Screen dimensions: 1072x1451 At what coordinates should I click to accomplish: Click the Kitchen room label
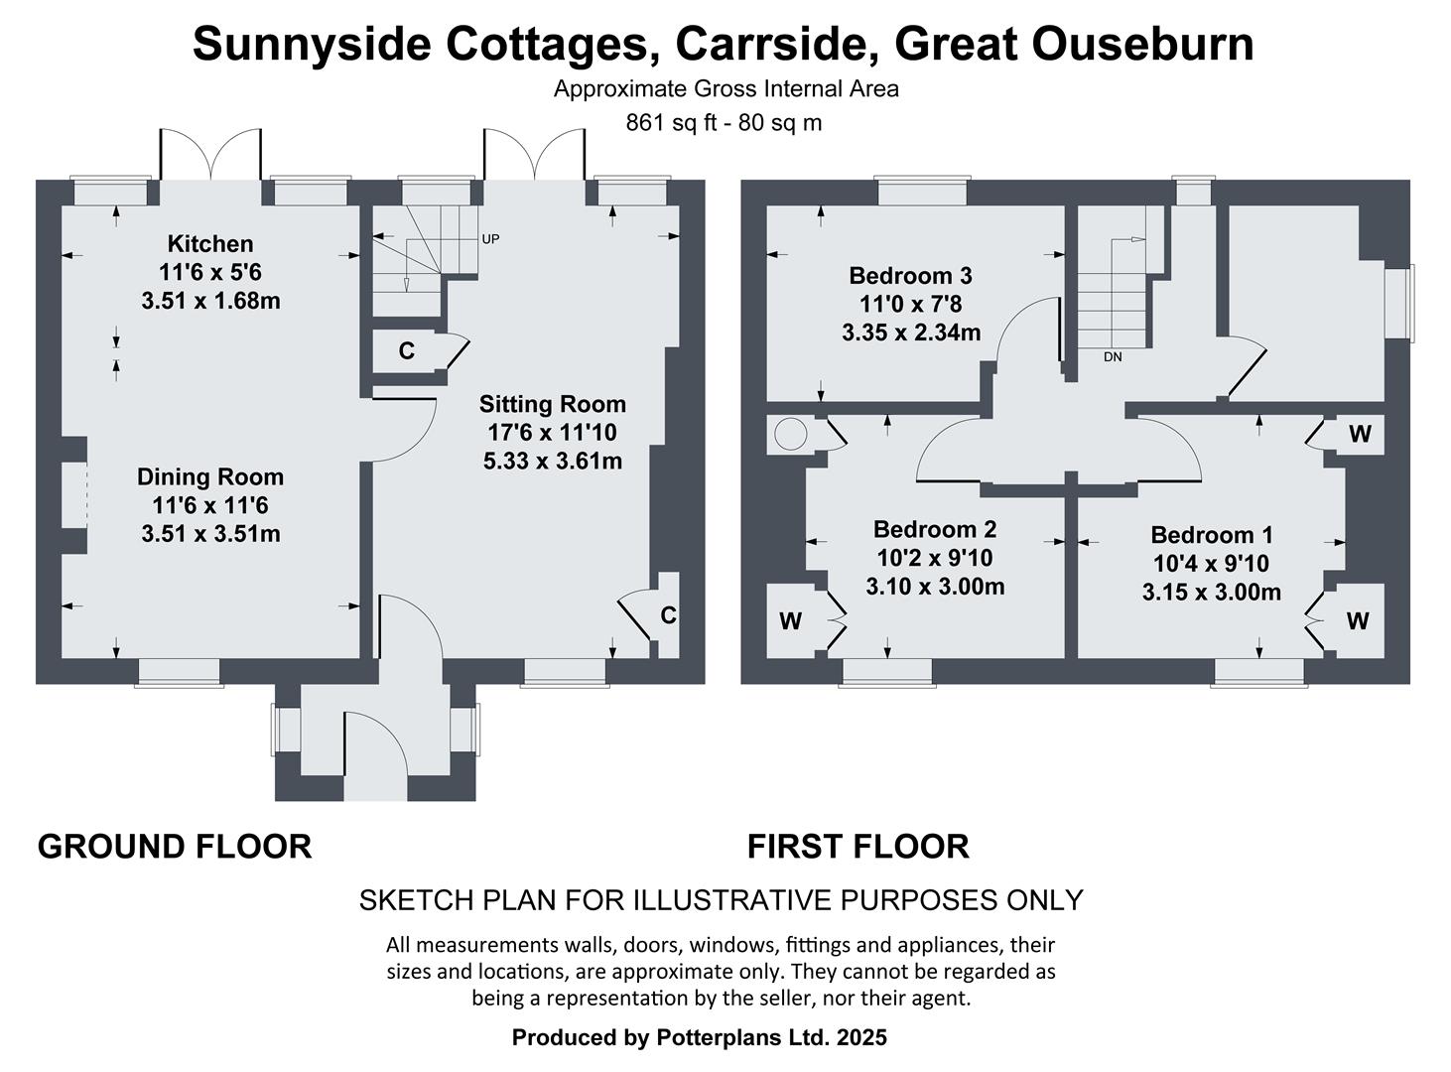209,244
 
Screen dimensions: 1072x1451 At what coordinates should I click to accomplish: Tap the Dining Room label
209,477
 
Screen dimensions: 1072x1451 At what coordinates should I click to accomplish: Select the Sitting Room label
552,405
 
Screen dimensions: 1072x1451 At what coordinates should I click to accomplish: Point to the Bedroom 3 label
910,276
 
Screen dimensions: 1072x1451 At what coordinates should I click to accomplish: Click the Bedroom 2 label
934,530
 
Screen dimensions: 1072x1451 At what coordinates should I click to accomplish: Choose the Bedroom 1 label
1211,536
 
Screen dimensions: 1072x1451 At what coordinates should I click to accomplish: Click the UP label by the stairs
490,239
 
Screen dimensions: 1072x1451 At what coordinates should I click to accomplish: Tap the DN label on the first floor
1113,356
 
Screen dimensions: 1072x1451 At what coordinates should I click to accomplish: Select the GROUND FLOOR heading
175,847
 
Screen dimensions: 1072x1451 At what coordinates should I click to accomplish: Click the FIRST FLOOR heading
857,847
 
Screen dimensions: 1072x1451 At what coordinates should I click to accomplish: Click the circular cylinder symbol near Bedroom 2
791,435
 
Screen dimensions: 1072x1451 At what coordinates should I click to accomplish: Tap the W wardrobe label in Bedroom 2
790,622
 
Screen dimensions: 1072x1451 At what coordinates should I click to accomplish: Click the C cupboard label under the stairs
406,351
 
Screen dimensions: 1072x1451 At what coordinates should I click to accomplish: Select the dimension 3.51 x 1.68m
210,301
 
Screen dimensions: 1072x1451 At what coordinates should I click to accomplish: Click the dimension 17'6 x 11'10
552,433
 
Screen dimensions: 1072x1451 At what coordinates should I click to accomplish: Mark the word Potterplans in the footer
723,1038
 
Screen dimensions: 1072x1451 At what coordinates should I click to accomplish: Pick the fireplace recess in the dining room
74,494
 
